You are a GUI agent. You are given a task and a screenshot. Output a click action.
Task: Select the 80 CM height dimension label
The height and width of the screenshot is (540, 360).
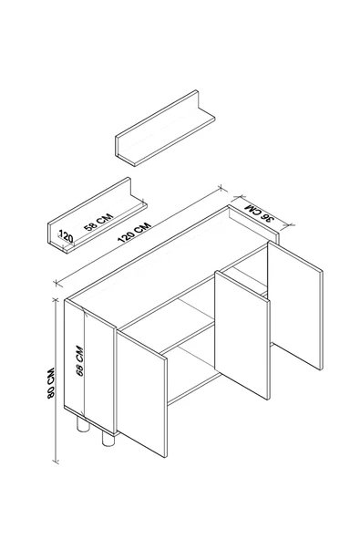[x=51, y=384]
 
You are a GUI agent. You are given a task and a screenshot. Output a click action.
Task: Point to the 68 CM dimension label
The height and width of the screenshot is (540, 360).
[x=80, y=361]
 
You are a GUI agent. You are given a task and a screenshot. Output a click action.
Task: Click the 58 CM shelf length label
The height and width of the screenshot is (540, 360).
[x=98, y=223]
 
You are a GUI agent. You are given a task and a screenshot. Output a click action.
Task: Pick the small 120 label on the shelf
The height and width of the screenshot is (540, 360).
[x=66, y=236]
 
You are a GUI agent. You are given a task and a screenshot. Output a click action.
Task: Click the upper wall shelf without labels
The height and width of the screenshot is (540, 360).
[x=165, y=128]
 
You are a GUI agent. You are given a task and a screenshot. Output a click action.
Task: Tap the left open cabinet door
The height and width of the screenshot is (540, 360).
[x=142, y=393]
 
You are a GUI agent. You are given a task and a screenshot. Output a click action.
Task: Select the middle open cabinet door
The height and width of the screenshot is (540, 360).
[x=242, y=335]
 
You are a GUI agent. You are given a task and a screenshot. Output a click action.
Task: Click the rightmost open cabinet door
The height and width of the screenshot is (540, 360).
[x=295, y=305]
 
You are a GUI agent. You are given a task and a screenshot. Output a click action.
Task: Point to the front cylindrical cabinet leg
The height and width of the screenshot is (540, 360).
[x=108, y=440]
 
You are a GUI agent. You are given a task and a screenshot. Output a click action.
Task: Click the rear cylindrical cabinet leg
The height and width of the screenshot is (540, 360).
[x=83, y=425]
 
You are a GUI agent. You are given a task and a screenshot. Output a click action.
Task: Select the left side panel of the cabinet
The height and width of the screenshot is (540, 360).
[x=90, y=366]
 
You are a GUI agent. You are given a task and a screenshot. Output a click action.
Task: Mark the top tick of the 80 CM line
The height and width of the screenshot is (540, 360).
[x=55, y=300]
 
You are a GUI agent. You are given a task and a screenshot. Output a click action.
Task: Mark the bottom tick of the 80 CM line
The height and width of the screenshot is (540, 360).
[x=56, y=461]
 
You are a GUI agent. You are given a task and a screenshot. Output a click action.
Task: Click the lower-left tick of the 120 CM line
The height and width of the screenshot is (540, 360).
[x=57, y=284]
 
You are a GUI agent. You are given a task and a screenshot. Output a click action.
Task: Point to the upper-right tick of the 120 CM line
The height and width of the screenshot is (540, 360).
[x=222, y=189]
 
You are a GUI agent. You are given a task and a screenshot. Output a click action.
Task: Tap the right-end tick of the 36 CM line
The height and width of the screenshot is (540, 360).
[x=287, y=225]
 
